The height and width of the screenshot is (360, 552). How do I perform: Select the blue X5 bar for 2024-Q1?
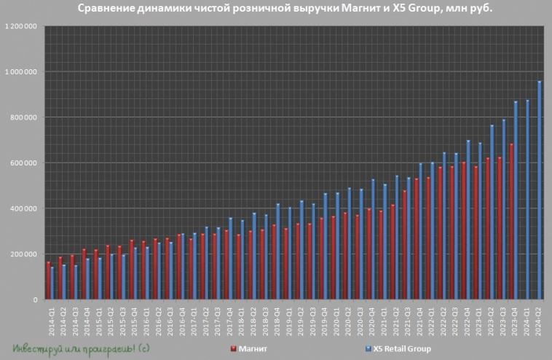528,200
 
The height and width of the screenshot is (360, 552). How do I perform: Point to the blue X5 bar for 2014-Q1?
52,283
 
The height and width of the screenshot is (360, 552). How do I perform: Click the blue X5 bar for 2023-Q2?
492,212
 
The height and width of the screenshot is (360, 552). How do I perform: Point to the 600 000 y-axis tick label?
25,163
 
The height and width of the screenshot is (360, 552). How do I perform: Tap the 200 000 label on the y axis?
25,254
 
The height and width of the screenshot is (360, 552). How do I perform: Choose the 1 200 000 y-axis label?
22,26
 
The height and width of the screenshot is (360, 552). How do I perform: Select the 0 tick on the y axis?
35,300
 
